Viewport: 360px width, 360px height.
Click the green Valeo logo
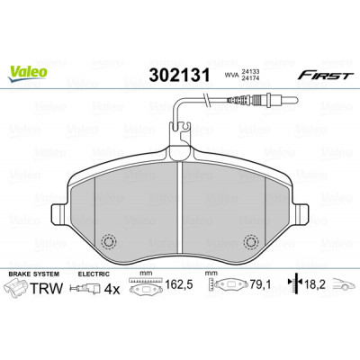click(x=28, y=73)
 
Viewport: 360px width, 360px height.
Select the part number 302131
click(x=179, y=75)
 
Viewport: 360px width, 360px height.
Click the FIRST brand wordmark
click(x=324, y=75)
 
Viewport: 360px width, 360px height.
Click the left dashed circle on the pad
click(x=108, y=241)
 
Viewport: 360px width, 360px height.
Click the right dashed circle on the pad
click(x=251, y=241)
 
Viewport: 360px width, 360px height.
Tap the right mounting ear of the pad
click(x=300, y=214)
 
